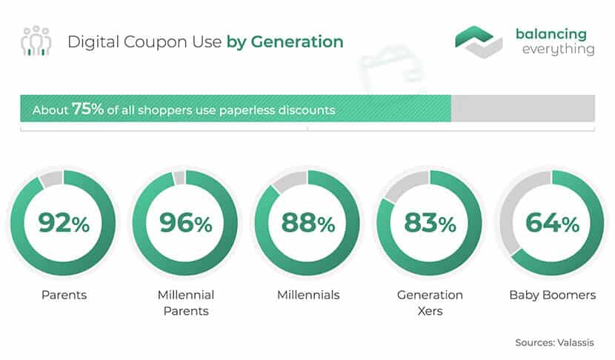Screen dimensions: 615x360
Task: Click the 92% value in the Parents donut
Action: pyautogui.click(x=64, y=223)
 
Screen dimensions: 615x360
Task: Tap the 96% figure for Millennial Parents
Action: pyautogui.click(x=186, y=223)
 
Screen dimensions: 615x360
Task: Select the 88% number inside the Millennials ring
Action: pyautogui.click(x=308, y=223)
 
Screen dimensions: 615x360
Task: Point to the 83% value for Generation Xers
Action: pyautogui.click(x=430, y=223)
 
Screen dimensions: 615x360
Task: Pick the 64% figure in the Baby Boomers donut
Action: pyautogui.click(x=552, y=223)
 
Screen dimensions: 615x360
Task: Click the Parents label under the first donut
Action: pyautogui.click(x=64, y=295)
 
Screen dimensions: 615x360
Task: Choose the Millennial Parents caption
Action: pyautogui.click(x=186, y=303)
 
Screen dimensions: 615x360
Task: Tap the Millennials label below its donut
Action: pyautogui.click(x=308, y=295)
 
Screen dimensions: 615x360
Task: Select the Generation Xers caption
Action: pyautogui.click(x=430, y=303)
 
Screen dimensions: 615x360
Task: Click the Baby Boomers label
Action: pyautogui.click(x=552, y=295)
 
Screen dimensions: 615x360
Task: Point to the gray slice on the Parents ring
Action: pyautogui.click(x=52, y=179)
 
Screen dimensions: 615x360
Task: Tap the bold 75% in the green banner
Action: pyautogui.click(x=87, y=109)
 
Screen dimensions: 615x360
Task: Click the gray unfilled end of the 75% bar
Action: pyautogui.click(x=523, y=108)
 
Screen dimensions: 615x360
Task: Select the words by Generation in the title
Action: pyautogui.click(x=285, y=41)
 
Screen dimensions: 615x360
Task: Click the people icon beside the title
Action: pyautogui.click(x=36, y=41)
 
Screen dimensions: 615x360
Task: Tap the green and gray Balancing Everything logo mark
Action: pyautogui.click(x=479, y=41)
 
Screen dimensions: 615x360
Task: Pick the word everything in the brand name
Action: pyautogui.click(x=559, y=50)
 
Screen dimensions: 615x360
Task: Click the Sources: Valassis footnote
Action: pyautogui.click(x=554, y=342)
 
